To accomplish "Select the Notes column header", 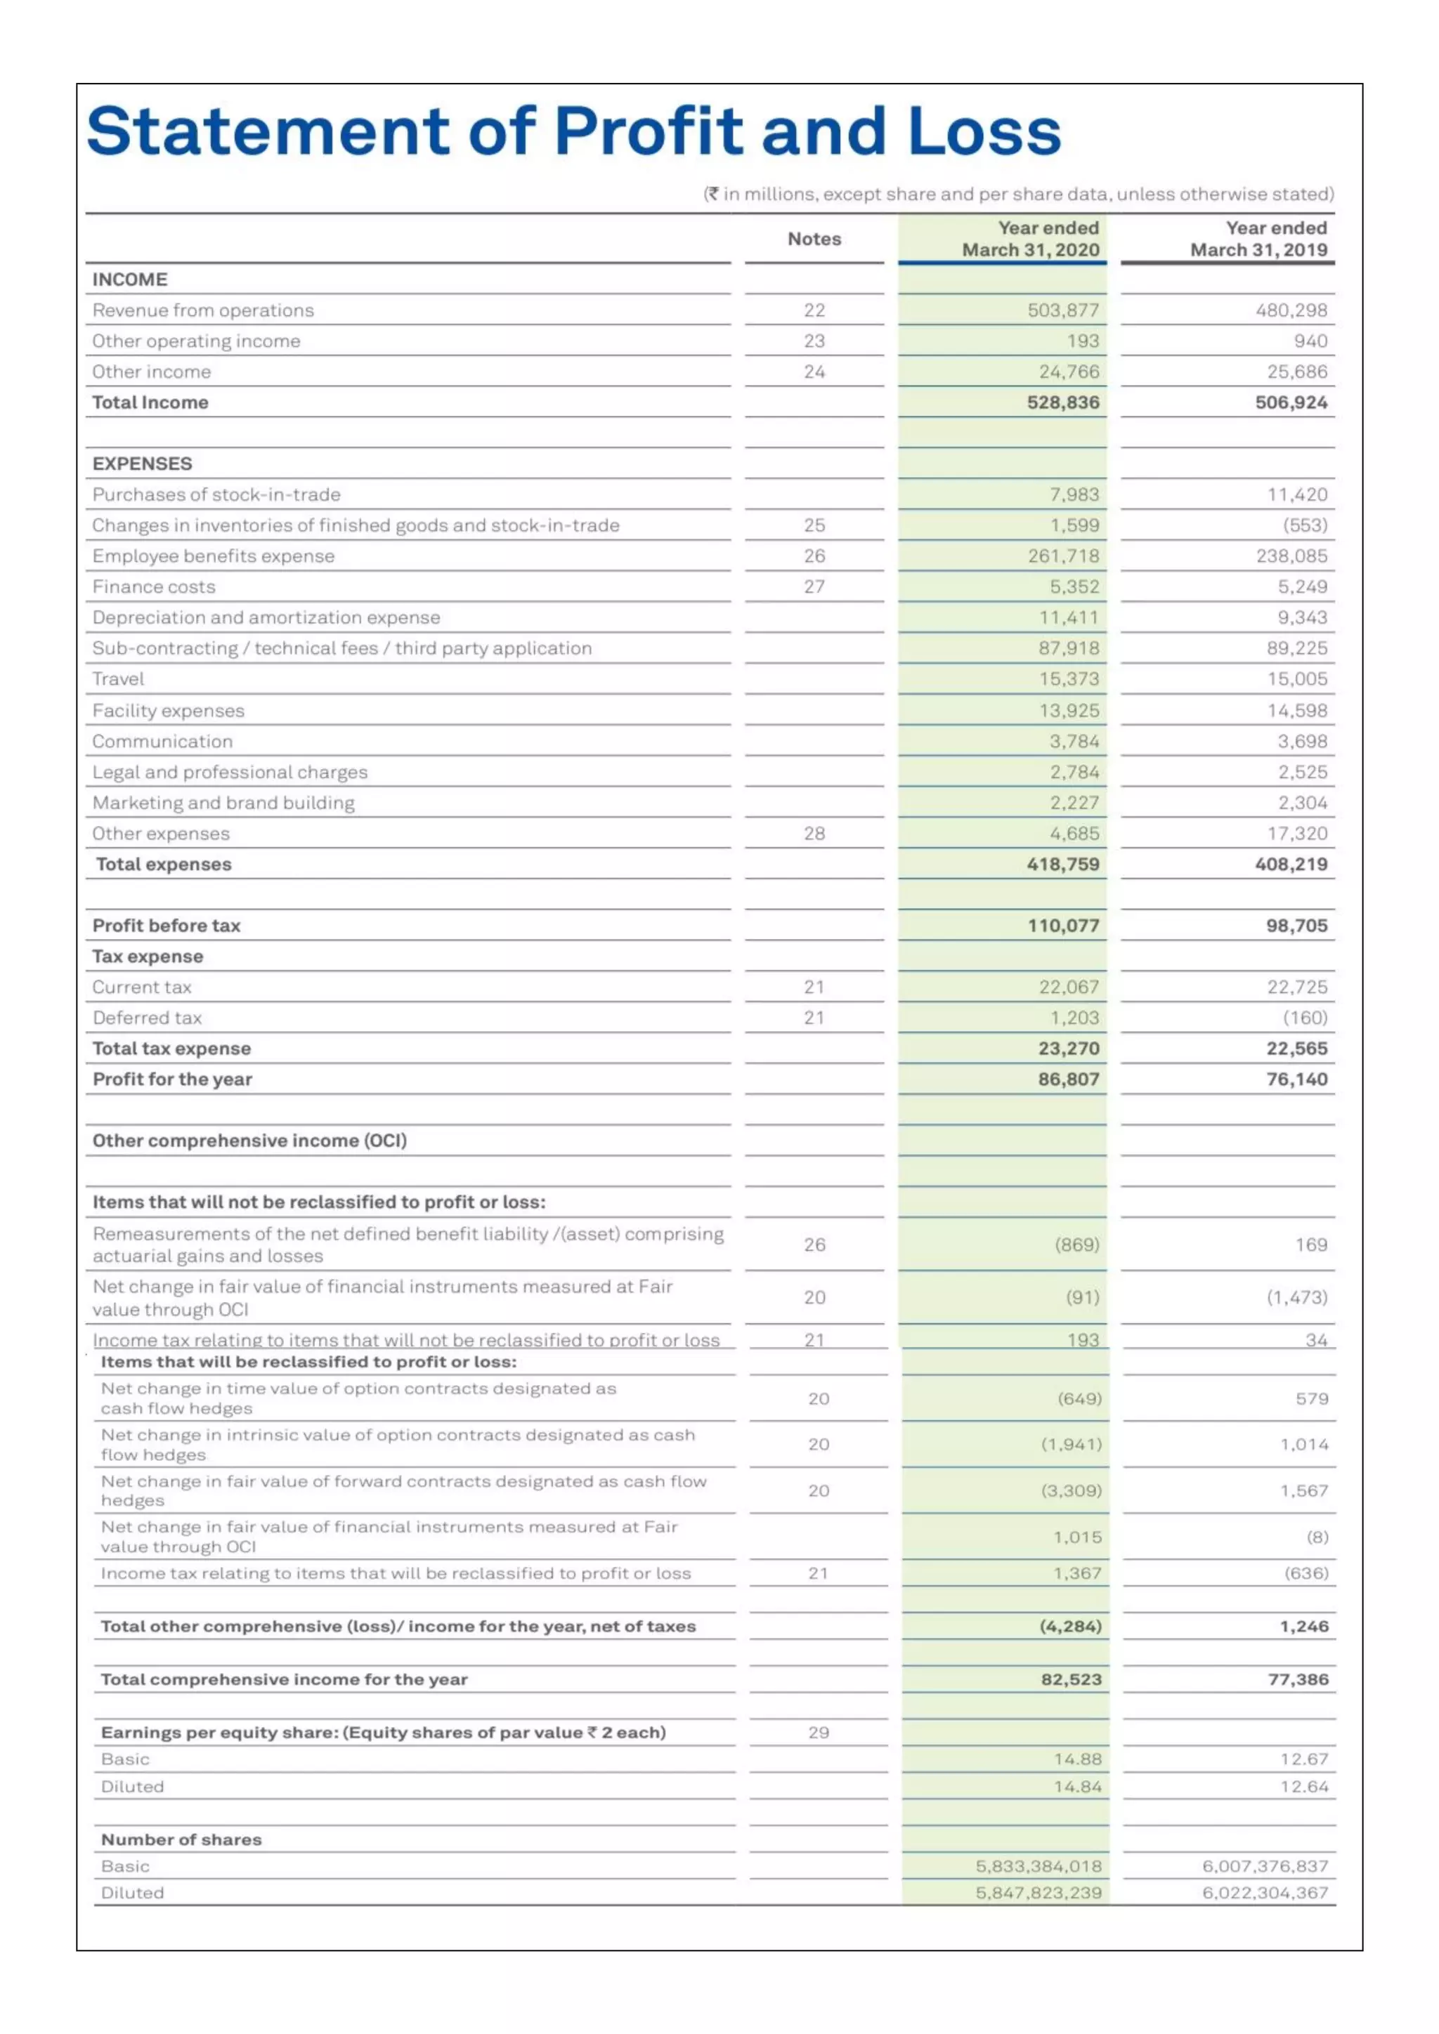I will [814, 240].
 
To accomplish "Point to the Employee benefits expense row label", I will [214, 556].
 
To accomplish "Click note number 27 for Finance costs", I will [814, 586].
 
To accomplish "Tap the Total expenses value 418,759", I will [1062, 864].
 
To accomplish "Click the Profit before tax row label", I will [167, 926].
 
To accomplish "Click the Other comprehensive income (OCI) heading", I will [249, 1141].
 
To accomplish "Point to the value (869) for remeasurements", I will [1076, 1245].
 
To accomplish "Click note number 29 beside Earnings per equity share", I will [818, 1732].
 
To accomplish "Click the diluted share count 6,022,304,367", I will [1265, 1892].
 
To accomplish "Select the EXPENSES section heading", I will [142, 464].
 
